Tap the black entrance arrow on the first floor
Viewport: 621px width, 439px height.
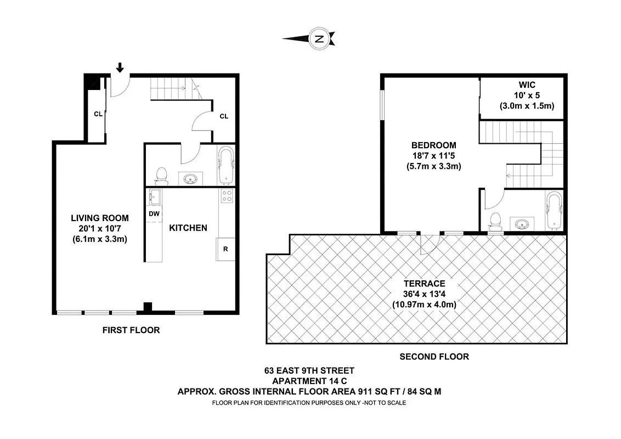point(120,67)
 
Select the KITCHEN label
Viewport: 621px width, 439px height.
point(188,228)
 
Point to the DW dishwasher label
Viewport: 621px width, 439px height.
point(154,213)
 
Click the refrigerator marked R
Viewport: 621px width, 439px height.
point(225,248)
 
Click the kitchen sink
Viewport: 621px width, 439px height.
point(154,196)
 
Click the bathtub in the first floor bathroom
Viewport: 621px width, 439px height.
point(225,165)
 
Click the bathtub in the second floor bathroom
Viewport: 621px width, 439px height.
point(553,210)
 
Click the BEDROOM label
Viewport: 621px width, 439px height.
point(433,145)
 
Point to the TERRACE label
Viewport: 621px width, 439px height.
point(424,284)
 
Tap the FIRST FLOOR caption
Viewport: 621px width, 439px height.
point(131,330)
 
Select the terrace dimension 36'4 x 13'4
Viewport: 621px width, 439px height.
point(424,294)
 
